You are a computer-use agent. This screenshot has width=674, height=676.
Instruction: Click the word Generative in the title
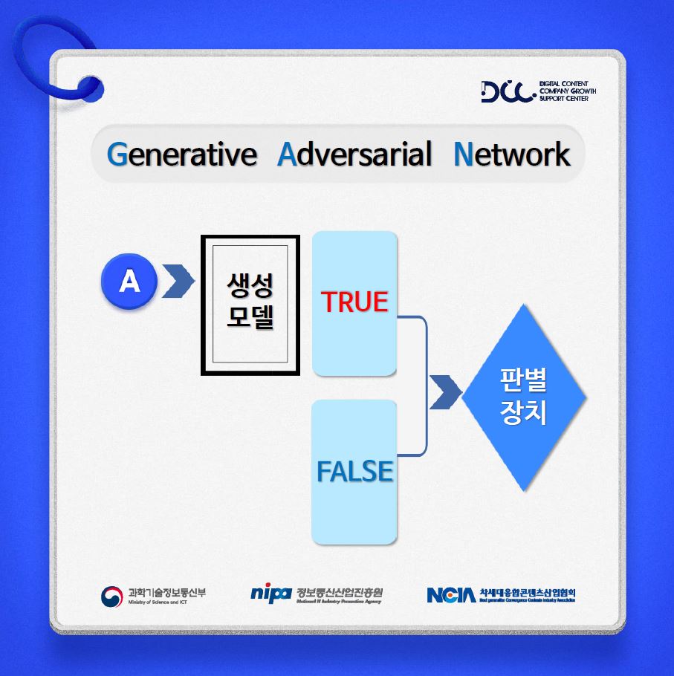pos(181,155)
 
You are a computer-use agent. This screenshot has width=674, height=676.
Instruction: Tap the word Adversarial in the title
pos(354,155)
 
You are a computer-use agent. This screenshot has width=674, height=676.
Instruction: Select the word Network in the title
pos(511,155)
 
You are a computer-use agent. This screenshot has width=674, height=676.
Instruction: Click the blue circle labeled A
pos(129,282)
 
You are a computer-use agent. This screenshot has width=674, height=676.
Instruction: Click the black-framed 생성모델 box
pos(250,305)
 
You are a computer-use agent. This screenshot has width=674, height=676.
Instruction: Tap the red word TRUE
pos(354,302)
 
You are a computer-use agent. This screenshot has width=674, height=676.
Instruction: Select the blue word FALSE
pos(354,472)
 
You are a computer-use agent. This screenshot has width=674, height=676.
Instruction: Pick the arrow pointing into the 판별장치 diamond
pos(444,392)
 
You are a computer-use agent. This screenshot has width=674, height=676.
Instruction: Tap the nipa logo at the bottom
pos(270,594)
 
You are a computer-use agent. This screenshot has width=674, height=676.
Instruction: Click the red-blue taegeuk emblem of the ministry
pos(112,596)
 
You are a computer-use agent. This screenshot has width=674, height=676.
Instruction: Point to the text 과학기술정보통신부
pos(168,592)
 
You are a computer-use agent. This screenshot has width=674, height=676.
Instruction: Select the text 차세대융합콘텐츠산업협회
pos(528,592)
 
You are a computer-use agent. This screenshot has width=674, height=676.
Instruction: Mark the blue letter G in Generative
pos(117,155)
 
